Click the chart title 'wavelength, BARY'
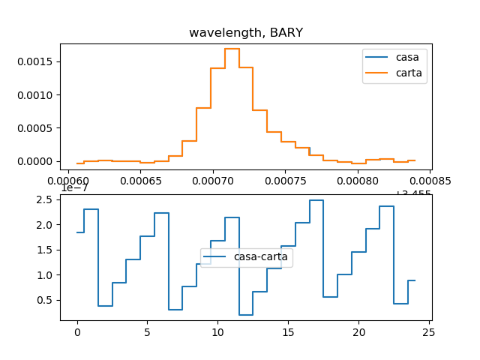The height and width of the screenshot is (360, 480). point(245,32)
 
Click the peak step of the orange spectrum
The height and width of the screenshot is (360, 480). point(232,49)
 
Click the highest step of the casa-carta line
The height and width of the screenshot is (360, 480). point(316,200)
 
